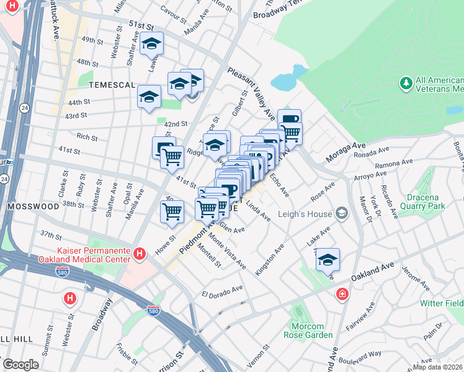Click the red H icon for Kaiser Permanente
click(x=140, y=254)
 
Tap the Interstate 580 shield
click(x=154, y=310)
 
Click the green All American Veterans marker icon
click(x=406, y=82)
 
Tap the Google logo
click(x=20, y=364)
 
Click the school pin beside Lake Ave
click(x=328, y=260)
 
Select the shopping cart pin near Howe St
click(x=172, y=211)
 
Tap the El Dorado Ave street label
click(x=222, y=290)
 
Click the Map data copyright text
click(x=438, y=366)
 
